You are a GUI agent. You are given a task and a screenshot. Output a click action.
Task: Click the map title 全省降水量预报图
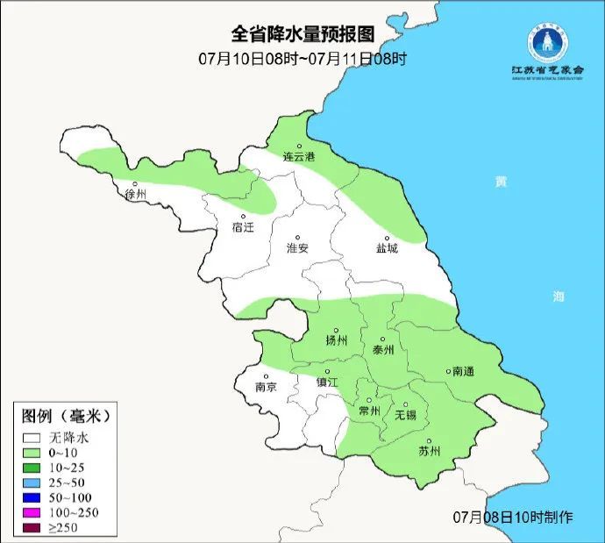302,34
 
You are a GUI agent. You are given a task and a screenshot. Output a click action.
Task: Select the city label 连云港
298,157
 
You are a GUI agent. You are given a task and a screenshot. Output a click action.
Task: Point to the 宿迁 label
242,227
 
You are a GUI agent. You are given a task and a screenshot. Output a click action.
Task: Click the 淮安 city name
298,248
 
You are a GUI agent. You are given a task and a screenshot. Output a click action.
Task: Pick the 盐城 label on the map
387,248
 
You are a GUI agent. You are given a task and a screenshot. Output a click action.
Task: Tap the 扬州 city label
336,340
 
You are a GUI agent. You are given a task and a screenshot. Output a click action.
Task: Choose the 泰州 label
383,349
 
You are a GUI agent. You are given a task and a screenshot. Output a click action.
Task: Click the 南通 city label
462,371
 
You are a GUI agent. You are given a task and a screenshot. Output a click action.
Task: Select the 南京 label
266,387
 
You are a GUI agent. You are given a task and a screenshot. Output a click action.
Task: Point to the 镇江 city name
327,382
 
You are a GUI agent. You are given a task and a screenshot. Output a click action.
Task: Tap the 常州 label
370,411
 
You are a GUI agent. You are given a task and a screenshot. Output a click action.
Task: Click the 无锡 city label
405,414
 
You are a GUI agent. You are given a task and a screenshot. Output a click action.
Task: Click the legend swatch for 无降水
33,436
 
